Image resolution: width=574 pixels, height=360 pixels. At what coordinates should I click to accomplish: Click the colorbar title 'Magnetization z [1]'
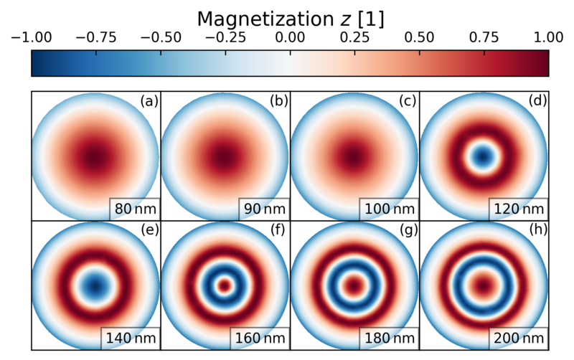click(290, 19)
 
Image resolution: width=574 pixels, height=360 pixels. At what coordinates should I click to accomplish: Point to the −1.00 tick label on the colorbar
click(32, 38)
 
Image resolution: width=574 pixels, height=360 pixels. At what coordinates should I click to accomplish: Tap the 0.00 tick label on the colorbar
click(290, 38)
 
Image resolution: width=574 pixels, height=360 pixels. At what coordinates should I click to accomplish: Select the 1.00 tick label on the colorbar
click(548, 38)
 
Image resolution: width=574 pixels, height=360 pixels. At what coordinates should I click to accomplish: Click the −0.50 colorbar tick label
click(161, 38)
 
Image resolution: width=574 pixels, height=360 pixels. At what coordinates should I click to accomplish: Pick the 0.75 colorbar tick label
click(484, 38)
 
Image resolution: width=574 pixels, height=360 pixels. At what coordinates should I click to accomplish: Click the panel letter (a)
click(149, 101)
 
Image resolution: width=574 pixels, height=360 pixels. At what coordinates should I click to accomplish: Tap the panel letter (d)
click(537, 101)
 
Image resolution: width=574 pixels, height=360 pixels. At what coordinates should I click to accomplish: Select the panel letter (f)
click(278, 231)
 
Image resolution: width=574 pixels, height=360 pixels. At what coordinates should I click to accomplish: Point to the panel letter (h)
click(537, 231)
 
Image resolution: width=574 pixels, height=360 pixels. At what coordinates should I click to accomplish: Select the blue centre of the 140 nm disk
click(96, 285)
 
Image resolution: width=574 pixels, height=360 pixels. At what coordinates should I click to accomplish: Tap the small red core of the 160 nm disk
click(225, 285)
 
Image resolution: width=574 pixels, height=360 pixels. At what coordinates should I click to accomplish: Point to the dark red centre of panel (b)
click(225, 155)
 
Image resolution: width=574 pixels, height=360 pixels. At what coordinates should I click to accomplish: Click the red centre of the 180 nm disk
click(354, 285)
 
